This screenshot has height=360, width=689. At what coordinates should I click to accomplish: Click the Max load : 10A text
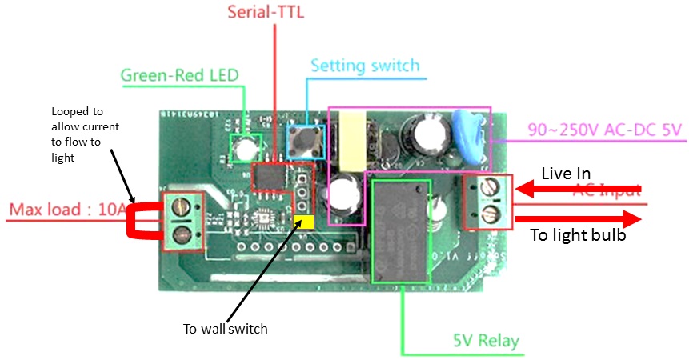click(67, 211)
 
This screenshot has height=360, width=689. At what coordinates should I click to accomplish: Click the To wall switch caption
click(225, 329)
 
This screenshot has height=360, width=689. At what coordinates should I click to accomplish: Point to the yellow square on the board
click(302, 222)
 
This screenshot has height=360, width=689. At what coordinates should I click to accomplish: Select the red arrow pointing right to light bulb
click(578, 218)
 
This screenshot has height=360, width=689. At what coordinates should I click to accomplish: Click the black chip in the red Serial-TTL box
click(270, 176)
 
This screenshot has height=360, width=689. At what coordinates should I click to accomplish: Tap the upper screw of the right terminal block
click(487, 190)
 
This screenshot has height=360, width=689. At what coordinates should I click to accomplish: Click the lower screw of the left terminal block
click(182, 234)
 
